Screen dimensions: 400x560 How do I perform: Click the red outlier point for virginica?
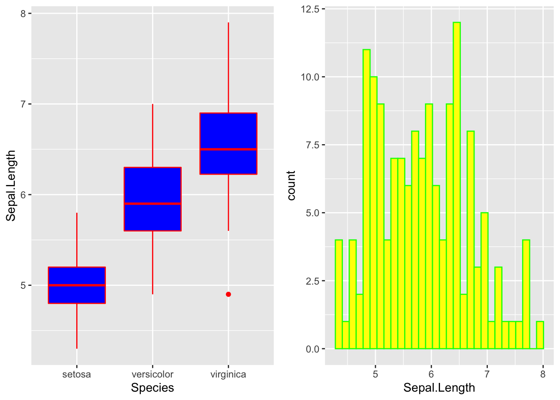[228, 294]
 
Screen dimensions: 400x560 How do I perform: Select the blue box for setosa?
[77, 294]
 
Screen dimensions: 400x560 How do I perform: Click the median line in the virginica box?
[228, 149]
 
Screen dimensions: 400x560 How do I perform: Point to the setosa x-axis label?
[77, 374]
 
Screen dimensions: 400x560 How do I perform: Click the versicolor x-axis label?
[152, 374]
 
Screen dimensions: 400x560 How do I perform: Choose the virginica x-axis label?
[228, 374]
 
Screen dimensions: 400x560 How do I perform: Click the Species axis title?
[152, 388]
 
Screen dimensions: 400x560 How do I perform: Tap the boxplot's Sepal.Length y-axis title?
[11, 185]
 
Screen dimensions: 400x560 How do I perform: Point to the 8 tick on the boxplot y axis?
[23, 14]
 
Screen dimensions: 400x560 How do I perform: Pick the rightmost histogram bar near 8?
[540, 335]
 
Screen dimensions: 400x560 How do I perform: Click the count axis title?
[291, 185]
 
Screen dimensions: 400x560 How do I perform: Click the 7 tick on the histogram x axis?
[487, 374]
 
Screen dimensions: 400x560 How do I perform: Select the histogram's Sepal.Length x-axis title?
[439, 388]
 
